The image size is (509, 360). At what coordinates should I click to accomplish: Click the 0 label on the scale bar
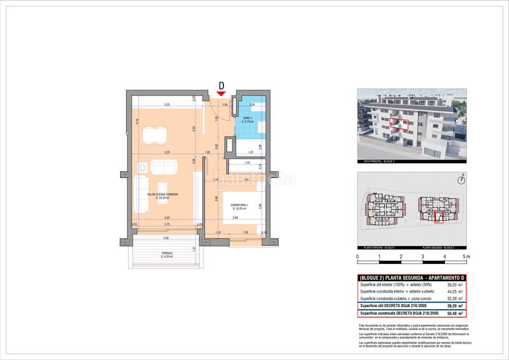(x=358, y=257)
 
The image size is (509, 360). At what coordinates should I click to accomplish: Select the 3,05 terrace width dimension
(x=166, y=238)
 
